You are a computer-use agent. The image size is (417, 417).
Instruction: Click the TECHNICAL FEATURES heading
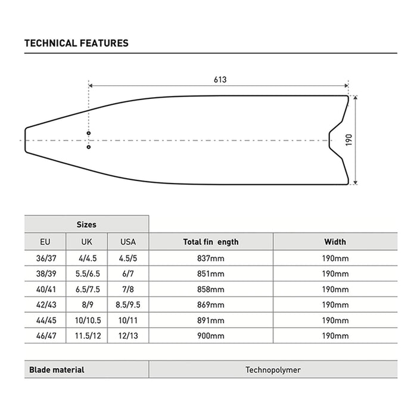[x=76, y=43]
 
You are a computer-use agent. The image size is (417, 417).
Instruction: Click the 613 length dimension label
[x=220, y=79]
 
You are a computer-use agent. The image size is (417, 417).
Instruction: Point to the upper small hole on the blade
[x=88, y=133]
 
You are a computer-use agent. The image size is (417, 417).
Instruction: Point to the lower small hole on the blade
[x=88, y=147]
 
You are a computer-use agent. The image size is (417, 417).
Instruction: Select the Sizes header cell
[x=86, y=225]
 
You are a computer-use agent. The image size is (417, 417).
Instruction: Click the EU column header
[x=45, y=242]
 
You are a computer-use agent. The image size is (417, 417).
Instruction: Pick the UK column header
[x=86, y=242]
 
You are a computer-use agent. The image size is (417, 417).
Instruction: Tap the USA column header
[x=128, y=242]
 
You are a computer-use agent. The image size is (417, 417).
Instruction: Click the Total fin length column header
[x=210, y=242]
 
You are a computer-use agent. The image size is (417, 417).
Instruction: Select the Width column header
[x=335, y=242]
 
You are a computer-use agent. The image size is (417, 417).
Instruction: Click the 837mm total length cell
[x=210, y=258]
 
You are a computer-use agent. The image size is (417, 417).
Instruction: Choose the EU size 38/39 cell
[x=45, y=273]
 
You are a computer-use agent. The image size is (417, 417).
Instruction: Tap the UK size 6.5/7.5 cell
[x=86, y=289]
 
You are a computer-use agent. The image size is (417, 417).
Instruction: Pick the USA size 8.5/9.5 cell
[x=128, y=304]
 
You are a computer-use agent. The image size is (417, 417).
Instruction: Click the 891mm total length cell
[x=210, y=320]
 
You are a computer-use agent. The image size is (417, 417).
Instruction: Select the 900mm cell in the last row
[x=210, y=335]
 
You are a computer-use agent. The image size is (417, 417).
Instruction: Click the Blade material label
[x=57, y=369]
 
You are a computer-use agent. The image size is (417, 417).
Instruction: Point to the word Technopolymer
[x=273, y=369]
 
